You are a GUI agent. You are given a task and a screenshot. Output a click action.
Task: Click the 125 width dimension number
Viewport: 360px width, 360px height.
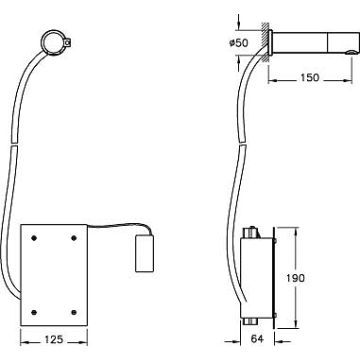[x=54, y=339]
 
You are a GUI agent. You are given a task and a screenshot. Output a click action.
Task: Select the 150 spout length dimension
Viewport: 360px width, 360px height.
[x=310, y=77]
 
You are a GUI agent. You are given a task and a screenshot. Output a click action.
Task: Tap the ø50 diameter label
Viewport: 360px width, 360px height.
[x=239, y=43]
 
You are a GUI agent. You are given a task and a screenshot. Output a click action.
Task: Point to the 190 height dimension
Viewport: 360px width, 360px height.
[x=296, y=278]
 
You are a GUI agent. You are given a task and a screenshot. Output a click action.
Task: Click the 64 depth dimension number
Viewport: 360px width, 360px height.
[x=257, y=339]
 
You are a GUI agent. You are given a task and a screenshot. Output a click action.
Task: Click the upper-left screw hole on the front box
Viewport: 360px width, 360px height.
[x=34, y=238]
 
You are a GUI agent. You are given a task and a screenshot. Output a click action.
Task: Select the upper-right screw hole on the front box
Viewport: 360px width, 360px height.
[x=74, y=238]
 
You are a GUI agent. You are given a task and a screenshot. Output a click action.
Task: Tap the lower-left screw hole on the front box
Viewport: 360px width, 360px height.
[x=34, y=312]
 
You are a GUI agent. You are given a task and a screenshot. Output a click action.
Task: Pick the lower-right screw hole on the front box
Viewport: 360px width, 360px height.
[x=74, y=312]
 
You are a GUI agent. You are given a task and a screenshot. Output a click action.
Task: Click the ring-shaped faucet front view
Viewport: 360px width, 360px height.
[x=42, y=42]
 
